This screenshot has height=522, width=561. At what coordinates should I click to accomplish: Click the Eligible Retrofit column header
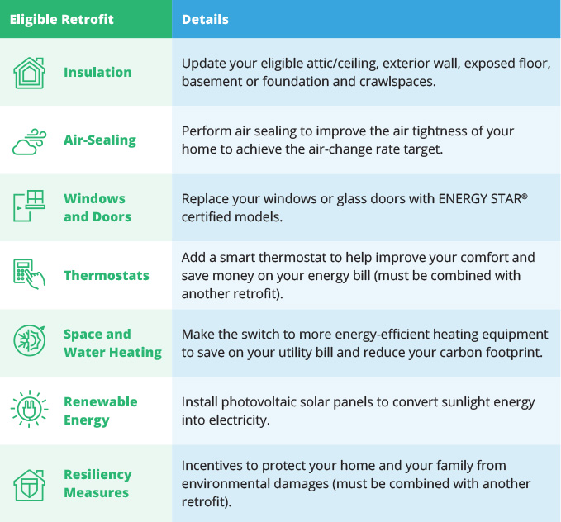pyautogui.click(x=61, y=19)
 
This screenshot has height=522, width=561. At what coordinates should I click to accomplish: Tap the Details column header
pyautogui.click(x=205, y=19)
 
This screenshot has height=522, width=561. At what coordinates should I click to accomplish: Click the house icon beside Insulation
pyautogui.click(x=30, y=73)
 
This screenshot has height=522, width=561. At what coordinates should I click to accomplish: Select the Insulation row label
pyautogui.click(x=97, y=73)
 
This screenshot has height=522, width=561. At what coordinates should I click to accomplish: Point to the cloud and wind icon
pyautogui.click(x=30, y=142)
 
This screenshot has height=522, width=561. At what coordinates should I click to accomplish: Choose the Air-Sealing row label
pyautogui.click(x=100, y=140)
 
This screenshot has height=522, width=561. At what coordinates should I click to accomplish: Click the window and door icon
pyautogui.click(x=30, y=206)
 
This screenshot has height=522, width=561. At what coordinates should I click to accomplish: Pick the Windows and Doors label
pyautogui.click(x=97, y=207)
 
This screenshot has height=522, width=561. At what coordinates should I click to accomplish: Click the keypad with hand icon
pyautogui.click(x=30, y=274)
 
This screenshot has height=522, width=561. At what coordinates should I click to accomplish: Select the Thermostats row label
pyautogui.click(x=107, y=276)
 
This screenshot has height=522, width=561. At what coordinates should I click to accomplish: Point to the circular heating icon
pyautogui.click(x=30, y=340)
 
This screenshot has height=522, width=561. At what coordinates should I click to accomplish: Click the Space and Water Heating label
pyautogui.click(x=112, y=343)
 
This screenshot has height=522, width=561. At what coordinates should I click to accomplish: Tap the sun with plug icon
pyautogui.click(x=30, y=409)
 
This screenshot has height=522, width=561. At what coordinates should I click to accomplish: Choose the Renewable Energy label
pyautogui.click(x=101, y=410)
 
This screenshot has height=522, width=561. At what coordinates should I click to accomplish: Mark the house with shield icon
pyautogui.click(x=30, y=485)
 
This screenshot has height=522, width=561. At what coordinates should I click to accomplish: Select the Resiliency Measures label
pyautogui.click(x=97, y=483)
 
